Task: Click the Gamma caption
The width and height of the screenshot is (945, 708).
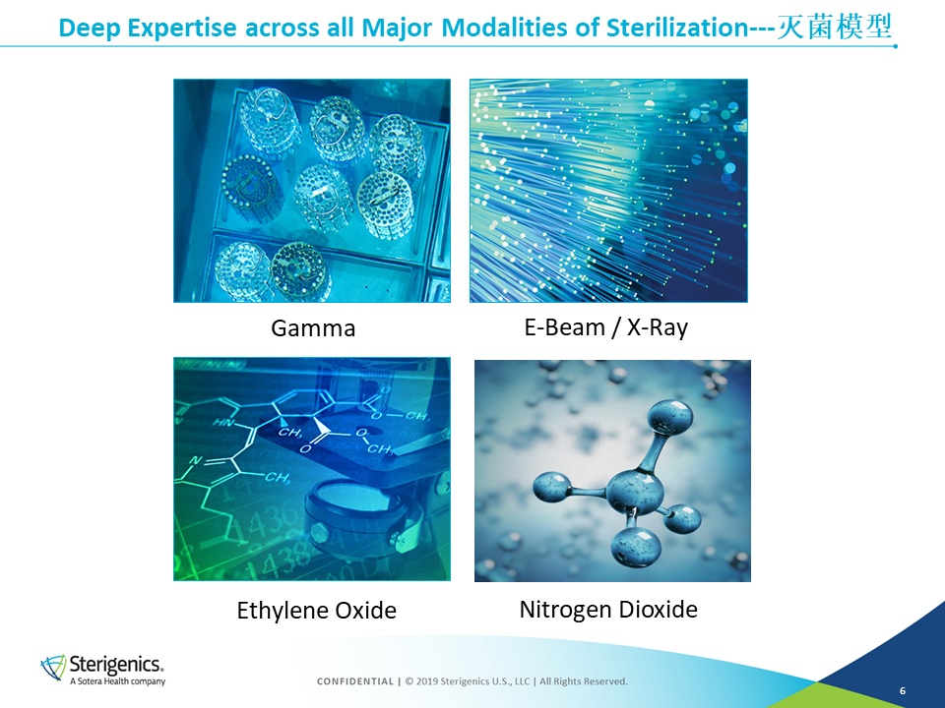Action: pos(313,328)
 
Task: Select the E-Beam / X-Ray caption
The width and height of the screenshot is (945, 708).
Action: pos(605,327)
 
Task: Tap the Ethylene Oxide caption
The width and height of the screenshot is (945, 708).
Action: pos(316,611)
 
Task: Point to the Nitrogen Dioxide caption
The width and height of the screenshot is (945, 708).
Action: pos(608,610)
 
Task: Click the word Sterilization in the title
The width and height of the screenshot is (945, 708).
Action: pos(677,28)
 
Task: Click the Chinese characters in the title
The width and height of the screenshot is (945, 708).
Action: pos(835,28)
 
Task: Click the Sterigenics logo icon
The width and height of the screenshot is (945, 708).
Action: pos(53,668)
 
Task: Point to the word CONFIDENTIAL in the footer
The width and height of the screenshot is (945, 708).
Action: pos(355,681)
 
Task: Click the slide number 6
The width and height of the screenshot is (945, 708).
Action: pos(903,690)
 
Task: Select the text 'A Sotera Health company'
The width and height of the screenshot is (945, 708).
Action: pos(117,681)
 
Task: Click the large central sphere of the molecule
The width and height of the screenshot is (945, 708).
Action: pos(635,492)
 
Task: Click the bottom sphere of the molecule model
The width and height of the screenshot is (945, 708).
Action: pos(637,546)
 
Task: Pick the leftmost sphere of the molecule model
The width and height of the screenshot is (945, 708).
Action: pos(552,487)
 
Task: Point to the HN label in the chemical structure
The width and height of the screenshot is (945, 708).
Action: pos(223,423)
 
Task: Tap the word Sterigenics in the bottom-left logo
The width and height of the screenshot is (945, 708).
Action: pos(116,664)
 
